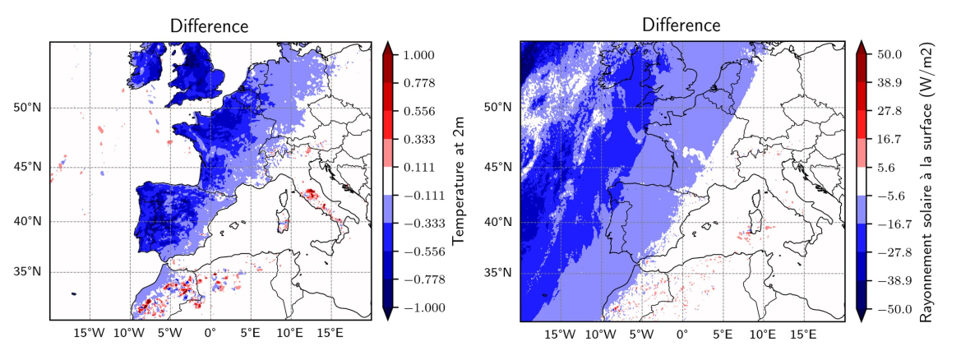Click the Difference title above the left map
pos(210,26)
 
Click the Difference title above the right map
pos(681,25)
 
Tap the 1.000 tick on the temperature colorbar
pos(418,55)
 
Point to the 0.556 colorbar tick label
pos(418,112)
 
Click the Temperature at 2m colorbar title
pos(458,180)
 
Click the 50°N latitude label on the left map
pos(27,108)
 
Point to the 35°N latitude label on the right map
pos(497,272)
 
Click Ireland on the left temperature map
pos(146,69)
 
